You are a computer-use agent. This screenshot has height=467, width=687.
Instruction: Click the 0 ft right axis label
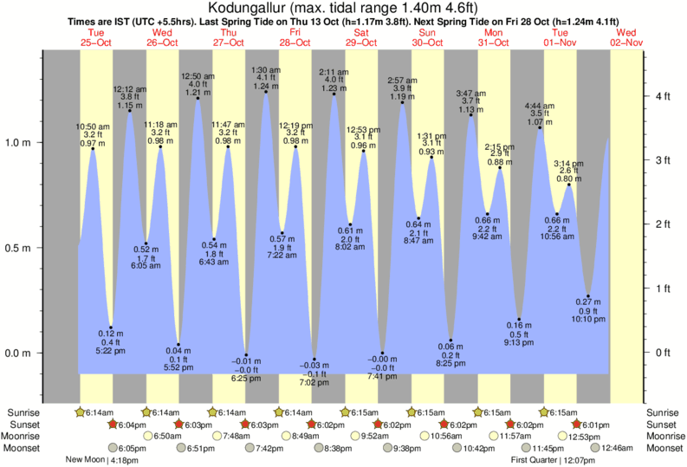tap(664, 353)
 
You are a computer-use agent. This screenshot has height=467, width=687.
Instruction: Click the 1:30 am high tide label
tap(265, 69)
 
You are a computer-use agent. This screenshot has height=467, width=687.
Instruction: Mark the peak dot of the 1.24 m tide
tap(266, 92)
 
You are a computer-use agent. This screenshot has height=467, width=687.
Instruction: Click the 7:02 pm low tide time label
tap(314, 382)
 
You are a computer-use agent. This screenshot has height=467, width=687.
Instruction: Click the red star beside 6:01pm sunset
tap(576, 425)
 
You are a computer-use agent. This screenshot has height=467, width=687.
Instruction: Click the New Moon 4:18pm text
tap(105, 460)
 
